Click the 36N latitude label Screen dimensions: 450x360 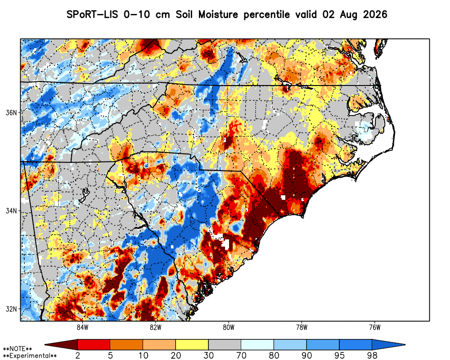coord(11,112)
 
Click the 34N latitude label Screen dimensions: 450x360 coord(11,211)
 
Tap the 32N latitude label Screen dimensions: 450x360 coord(11,309)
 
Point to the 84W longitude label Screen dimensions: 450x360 coord(82,327)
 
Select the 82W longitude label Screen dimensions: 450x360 coord(156,327)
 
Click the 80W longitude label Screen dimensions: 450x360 coord(229,327)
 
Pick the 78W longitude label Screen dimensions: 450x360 coord(301,327)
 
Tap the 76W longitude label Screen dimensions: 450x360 coord(375,327)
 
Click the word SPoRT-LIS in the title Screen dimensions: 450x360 coord(92,14)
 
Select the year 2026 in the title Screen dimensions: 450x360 coord(375,14)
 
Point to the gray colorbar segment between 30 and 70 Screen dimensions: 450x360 coord(225,345)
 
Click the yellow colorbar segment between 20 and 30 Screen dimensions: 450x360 coord(192,345)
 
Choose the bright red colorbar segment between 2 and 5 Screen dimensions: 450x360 coord(94,345)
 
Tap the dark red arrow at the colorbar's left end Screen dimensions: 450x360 coord(61,345)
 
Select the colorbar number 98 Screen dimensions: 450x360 coord(372,355)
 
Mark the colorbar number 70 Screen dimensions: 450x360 coord(241,355)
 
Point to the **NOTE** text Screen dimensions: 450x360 coord(18,349)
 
